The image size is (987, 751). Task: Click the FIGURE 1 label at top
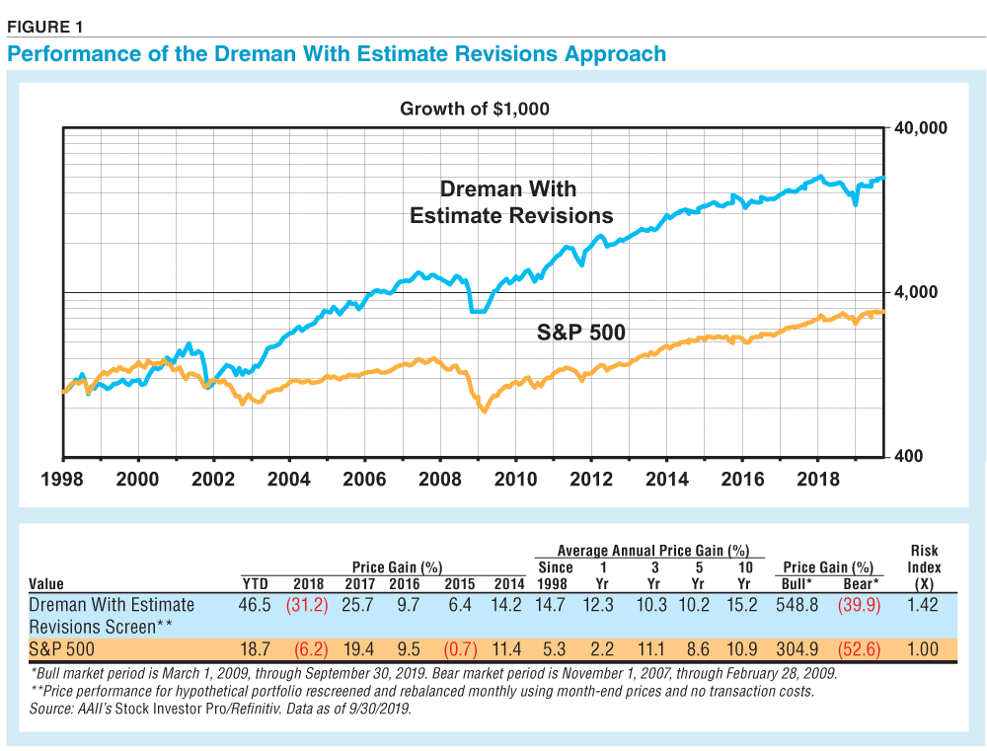point(44,27)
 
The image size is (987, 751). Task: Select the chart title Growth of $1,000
point(474,109)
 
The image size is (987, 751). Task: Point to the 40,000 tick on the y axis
point(920,128)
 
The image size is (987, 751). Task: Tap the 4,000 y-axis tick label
point(920,292)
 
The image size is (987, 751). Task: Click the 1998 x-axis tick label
point(63,479)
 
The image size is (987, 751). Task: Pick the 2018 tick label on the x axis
point(817,479)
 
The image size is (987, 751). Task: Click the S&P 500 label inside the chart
point(580,333)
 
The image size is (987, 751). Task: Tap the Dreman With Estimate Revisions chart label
point(510,202)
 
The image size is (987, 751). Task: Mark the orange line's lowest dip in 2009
point(484,410)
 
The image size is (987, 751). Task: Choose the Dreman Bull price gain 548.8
point(798,605)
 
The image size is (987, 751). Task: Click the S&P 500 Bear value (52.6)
point(858,649)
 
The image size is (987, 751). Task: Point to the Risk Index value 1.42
point(924,605)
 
